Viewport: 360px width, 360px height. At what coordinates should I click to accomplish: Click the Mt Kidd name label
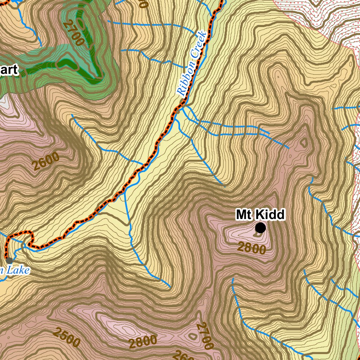click(x=260, y=214)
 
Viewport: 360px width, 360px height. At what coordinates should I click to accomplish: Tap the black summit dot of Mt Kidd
click(x=260, y=228)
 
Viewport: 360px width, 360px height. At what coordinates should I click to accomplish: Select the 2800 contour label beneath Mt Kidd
click(x=251, y=248)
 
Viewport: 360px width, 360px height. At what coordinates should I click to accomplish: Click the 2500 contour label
click(x=67, y=336)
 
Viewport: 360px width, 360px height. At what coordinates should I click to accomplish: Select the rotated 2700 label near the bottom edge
click(x=204, y=336)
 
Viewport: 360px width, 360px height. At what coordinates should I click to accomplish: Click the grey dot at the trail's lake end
click(x=9, y=261)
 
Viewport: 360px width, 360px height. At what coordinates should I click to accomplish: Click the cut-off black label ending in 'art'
click(x=8, y=70)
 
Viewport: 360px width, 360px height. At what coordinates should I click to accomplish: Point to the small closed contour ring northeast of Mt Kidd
click(x=303, y=142)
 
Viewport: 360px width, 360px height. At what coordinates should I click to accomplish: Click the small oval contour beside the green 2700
click(x=81, y=24)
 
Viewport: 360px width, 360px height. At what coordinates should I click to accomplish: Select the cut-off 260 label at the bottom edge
click(x=183, y=355)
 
